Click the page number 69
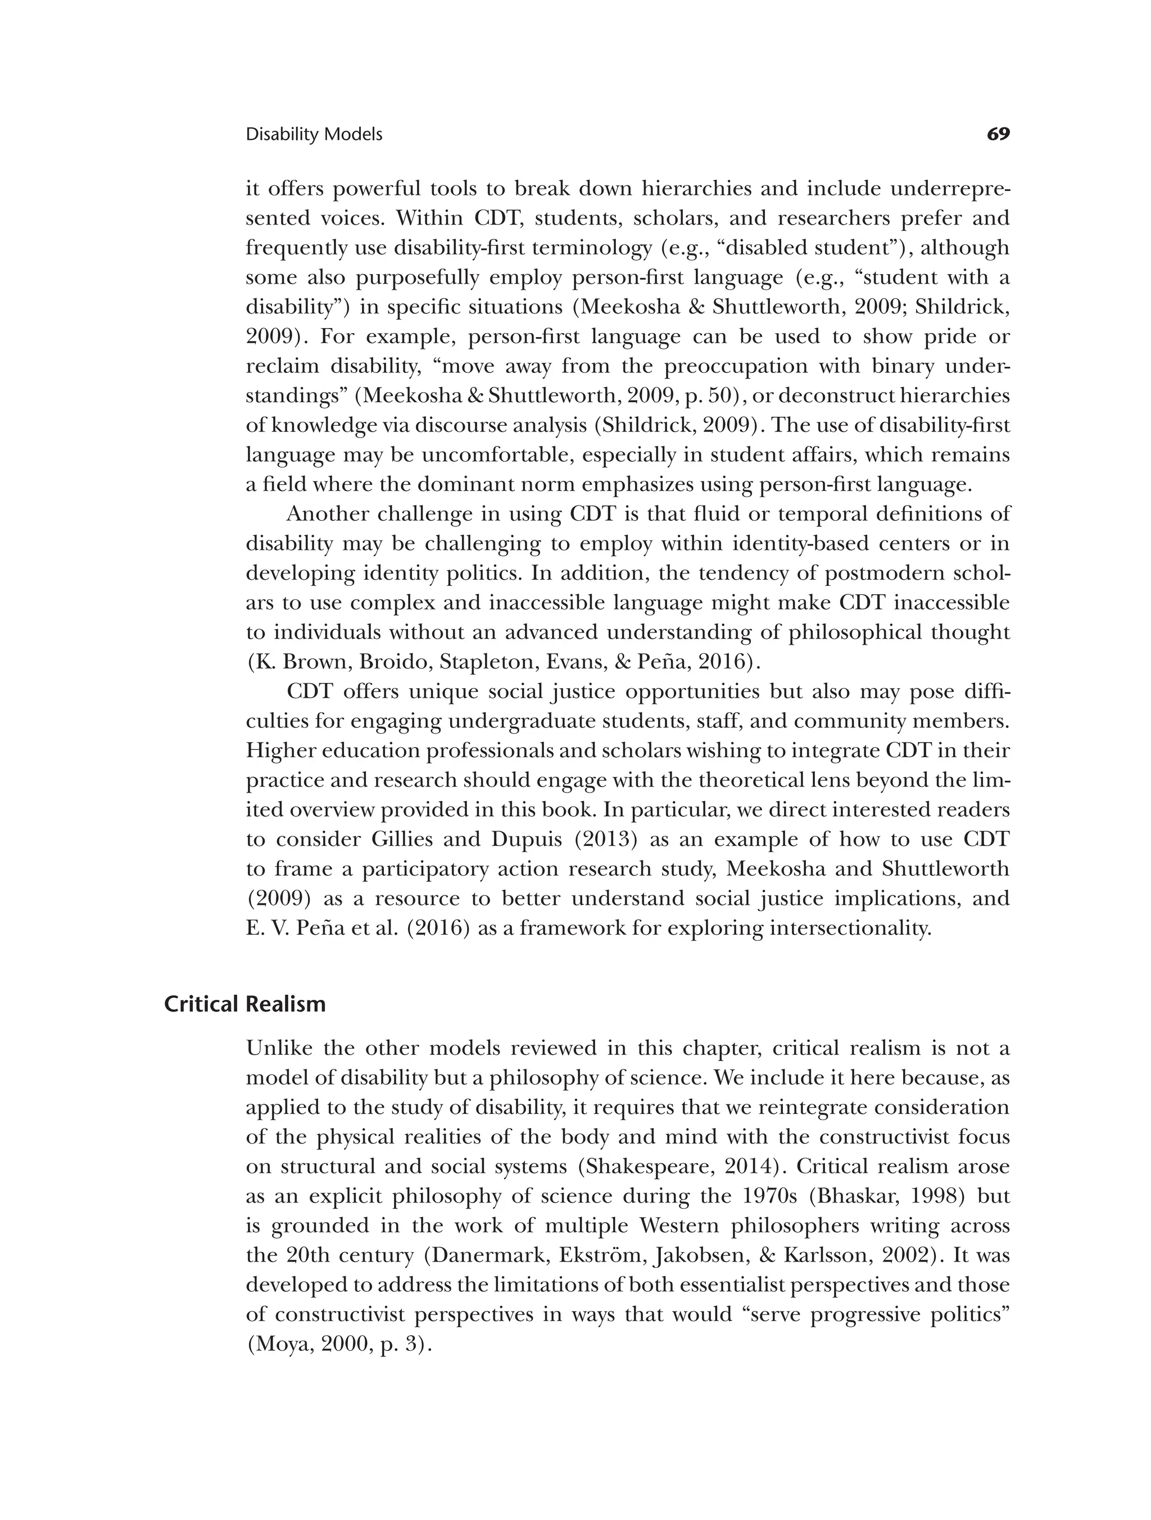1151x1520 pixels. (x=998, y=134)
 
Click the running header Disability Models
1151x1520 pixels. (x=314, y=135)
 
